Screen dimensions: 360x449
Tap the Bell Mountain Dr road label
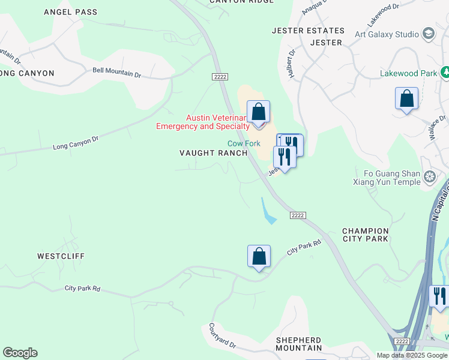(x=116, y=71)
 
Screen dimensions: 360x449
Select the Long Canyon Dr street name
(x=75, y=143)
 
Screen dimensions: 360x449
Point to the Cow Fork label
(x=243, y=143)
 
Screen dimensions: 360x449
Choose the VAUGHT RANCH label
(x=213, y=153)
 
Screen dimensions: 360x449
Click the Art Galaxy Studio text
(x=387, y=34)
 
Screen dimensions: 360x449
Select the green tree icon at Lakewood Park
(x=445, y=73)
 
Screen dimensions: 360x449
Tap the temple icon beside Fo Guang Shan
(x=429, y=176)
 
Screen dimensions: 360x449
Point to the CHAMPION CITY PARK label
(x=365, y=235)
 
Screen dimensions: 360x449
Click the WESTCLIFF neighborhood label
(x=61, y=256)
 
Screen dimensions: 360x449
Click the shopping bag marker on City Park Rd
(x=259, y=256)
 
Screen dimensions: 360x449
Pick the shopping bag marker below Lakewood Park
(x=406, y=98)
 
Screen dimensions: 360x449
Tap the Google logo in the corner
(x=20, y=353)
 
